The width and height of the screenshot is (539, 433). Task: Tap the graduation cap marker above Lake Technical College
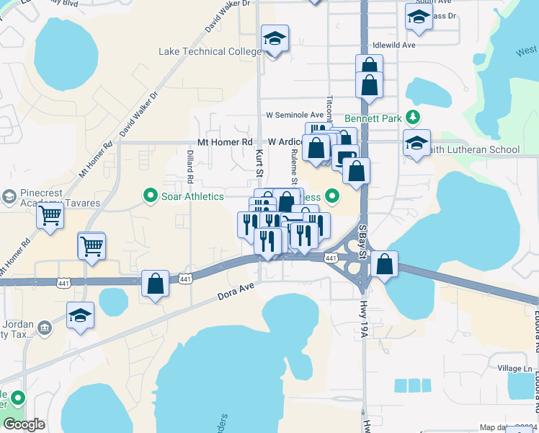pyautogui.click(x=274, y=40)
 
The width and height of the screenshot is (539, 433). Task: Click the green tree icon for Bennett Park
pyautogui.click(x=413, y=117)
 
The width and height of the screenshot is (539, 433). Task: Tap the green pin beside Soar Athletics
pyautogui.click(x=151, y=195)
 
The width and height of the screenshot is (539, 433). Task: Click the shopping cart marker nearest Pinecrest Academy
pyautogui.click(x=50, y=215)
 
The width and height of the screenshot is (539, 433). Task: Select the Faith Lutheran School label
pyautogui.click(x=471, y=150)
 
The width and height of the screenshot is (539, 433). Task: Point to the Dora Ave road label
pyautogui.click(x=237, y=292)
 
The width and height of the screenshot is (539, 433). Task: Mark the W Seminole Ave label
pyautogui.click(x=295, y=115)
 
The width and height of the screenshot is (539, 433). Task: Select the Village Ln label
pyautogui.click(x=514, y=368)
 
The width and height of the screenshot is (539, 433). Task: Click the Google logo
pyautogui.click(x=24, y=424)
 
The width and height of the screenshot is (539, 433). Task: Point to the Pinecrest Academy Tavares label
pyautogui.click(x=54, y=198)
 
